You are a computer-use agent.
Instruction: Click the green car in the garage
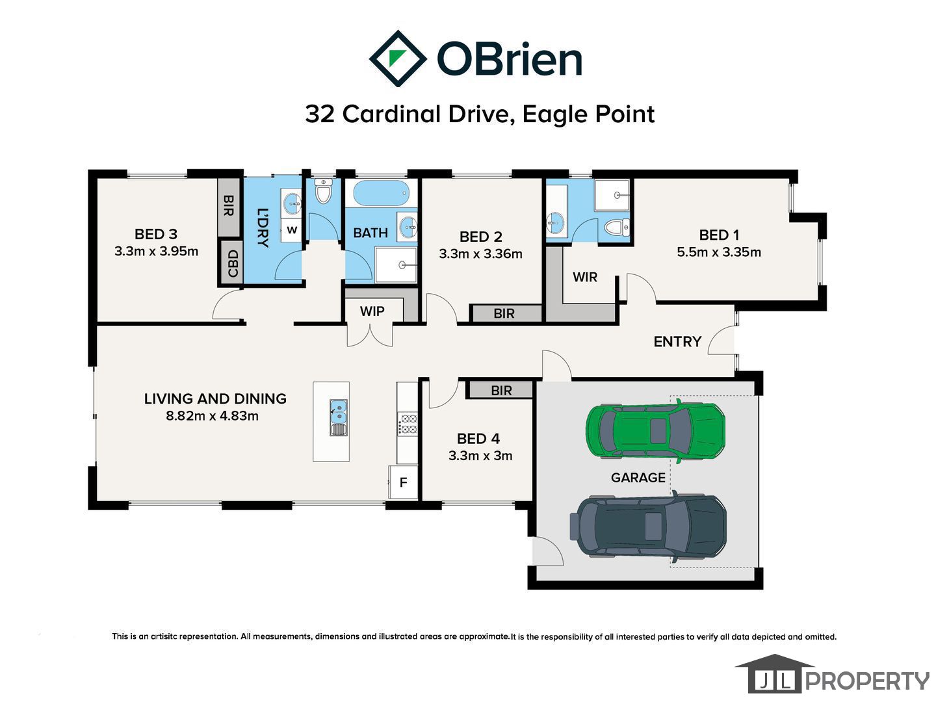click(x=655, y=431)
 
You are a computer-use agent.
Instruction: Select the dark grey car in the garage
click(x=648, y=526)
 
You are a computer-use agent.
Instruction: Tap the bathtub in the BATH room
click(x=381, y=193)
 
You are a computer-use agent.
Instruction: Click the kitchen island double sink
click(x=338, y=417)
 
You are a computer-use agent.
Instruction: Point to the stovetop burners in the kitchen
click(x=408, y=424)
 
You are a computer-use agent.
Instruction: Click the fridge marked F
click(x=403, y=482)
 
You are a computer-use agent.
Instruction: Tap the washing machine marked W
click(x=292, y=230)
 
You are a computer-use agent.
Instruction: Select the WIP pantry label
click(x=372, y=311)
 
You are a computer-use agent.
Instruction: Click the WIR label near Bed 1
click(x=584, y=277)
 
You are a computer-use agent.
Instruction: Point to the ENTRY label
click(x=677, y=341)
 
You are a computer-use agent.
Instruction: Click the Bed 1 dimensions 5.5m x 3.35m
click(x=718, y=252)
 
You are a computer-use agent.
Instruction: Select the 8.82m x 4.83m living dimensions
click(x=212, y=415)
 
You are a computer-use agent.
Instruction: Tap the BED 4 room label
click(x=478, y=439)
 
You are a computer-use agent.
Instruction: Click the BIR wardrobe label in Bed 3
click(x=228, y=205)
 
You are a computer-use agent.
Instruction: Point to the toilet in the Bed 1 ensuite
click(x=617, y=227)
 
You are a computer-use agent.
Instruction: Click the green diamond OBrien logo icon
click(x=398, y=58)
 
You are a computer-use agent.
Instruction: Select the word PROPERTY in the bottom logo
click(x=867, y=681)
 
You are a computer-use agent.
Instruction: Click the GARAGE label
click(x=638, y=477)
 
